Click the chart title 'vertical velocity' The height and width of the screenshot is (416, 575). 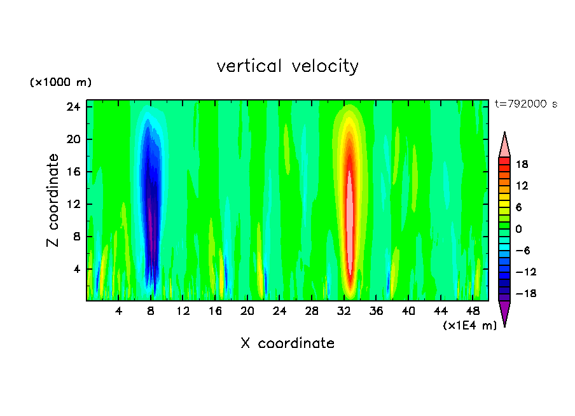pyautogui.click(x=287, y=66)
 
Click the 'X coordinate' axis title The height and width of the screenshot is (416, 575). pyautogui.click(x=287, y=343)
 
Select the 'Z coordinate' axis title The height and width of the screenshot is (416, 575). pyautogui.click(x=53, y=200)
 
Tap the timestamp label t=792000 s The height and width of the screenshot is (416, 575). pyautogui.click(x=525, y=104)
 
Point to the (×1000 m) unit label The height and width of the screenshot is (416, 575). pyautogui.click(x=61, y=83)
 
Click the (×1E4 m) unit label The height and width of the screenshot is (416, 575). pyautogui.click(x=469, y=325)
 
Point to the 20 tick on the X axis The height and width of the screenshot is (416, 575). pyautogui.click(x=247, y=311)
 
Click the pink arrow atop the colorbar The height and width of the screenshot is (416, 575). pyautogui.click(x=504, y=144)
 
